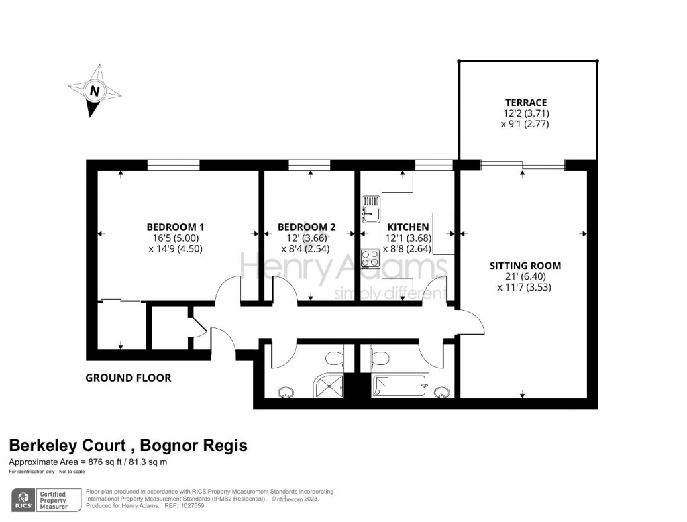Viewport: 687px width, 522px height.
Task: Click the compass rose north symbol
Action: pyautogui.click(x=95, y=91)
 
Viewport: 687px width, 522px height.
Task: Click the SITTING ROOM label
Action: pyautogui.click(x=525, y=266)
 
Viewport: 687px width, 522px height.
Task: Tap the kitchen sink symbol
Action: pyautogui.click(x=370, y=209)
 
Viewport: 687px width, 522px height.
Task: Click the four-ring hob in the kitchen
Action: pyautogui.click(x=370, y=258)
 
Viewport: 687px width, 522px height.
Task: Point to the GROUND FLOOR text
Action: pyautogui.click(x=128, y=378)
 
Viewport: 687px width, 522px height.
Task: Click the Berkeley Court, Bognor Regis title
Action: pyautogui.click(x=127, y=446)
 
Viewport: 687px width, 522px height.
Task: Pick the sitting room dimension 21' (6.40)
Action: pyautogui.click(x=525, y=276)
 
